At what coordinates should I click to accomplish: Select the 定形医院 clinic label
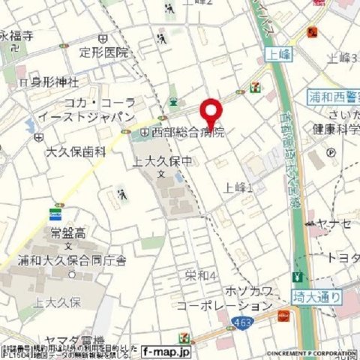coord(104,52)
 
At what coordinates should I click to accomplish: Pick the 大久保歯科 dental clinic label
coord(76,151)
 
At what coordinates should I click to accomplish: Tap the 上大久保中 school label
coord(163,160)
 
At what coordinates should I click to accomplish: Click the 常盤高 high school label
coord(66,233)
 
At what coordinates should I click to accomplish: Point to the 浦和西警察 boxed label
coord(334,97)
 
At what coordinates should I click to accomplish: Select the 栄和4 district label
coord(202,276)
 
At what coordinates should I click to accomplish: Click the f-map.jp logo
coord(166,350)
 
